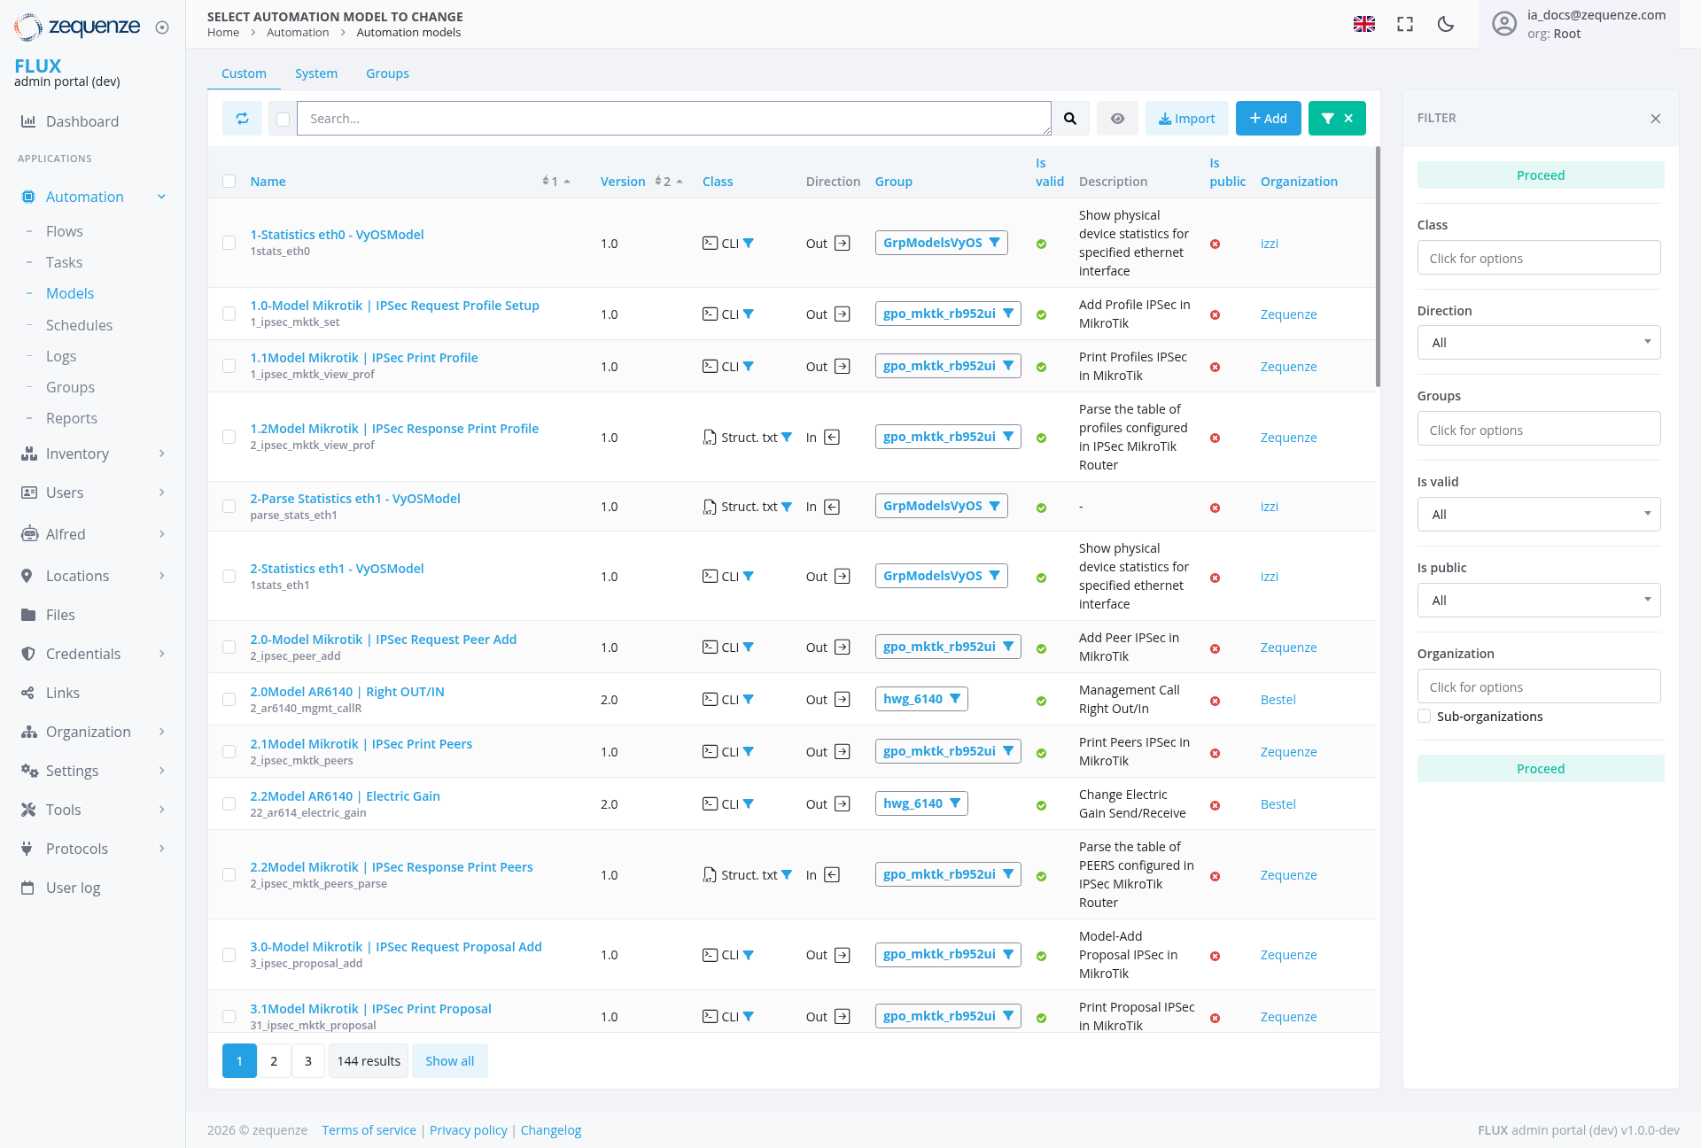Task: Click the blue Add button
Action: click(1268, 119)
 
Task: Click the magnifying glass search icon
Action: click(1070, 119)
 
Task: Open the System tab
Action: click(316, 74)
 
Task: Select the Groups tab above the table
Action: click(387, 74)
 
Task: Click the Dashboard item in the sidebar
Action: click(82, 121)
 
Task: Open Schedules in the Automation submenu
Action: click(79, 325)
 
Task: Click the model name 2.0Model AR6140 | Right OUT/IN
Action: click(347, 692)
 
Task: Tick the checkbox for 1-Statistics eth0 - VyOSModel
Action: click(229, 243)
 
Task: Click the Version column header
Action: click(623, 182)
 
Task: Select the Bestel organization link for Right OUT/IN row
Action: click(1278, 700)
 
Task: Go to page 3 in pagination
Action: click(308, 1061)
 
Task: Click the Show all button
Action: click(449, 1061)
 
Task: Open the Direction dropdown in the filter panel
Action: click(1539, 343)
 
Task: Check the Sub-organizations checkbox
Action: click(1425, 717)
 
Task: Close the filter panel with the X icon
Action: click(1655, 119)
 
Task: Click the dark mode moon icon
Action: click(1446, 24)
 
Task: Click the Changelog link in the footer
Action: click(551, 1130)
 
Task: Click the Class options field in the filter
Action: click(1539, 259)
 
